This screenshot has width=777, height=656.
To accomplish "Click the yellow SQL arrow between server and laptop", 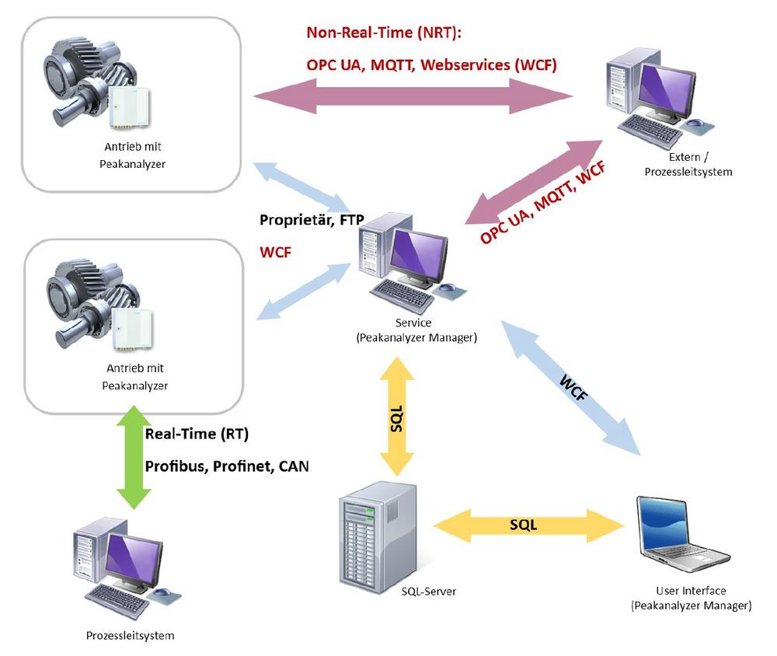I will point(529,525).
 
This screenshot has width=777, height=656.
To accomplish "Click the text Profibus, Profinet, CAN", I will point(226,466).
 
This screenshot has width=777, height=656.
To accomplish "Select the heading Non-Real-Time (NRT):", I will point(384,33).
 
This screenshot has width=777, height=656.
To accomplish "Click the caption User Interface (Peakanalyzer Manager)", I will point(691,598).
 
